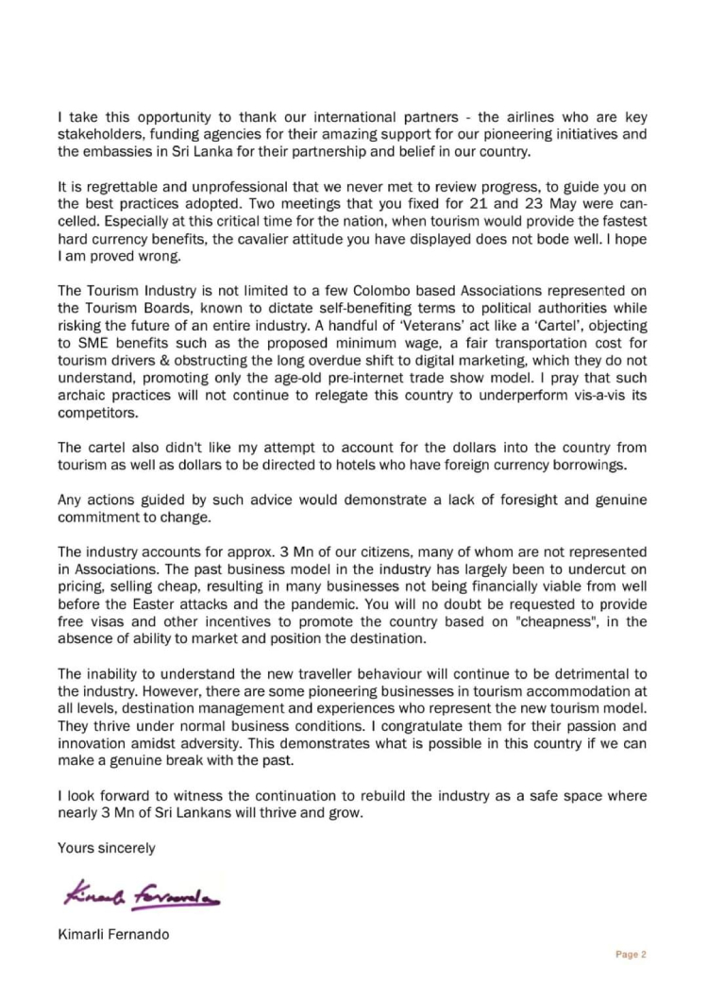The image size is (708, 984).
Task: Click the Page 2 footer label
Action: (x=631, y=954)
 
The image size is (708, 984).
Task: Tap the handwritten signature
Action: (x=141, y=891)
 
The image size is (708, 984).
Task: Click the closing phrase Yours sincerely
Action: (x=107, y=848)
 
